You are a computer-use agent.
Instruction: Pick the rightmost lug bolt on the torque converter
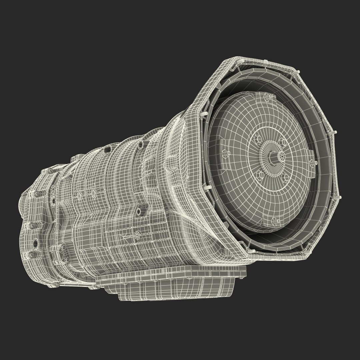click(312, 162)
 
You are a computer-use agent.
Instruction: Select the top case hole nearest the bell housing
click(140, 144)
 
